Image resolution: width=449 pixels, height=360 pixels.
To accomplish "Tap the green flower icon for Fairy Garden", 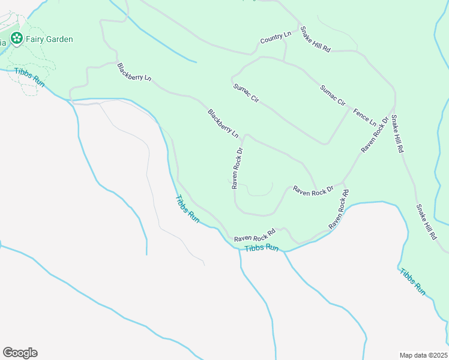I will click(x=16, y=40).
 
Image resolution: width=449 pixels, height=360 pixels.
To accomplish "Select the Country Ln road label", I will click(x=276, y=38).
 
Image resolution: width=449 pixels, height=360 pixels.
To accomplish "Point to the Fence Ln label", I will click(x=364, y=113).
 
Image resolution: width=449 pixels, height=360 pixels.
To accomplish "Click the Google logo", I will click(x=20, y=353).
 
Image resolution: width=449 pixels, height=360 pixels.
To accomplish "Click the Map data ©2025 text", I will click(x=423, y=355).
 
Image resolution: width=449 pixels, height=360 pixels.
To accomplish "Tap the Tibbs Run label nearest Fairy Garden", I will click(x=30, y=77).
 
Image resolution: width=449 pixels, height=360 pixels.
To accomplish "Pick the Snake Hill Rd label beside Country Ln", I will click(x=316, y=40).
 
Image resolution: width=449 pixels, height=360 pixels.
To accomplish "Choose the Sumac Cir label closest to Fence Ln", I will click(x=333, y=95).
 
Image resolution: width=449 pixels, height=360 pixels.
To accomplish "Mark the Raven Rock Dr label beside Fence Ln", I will click(x=375, y=134).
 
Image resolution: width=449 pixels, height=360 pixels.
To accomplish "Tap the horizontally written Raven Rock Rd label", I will click(x=255, y=236).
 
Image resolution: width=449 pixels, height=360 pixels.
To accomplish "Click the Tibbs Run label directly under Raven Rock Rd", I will click(x=262, y=248).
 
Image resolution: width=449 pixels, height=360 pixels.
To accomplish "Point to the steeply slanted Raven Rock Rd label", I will click(x=339, y=209).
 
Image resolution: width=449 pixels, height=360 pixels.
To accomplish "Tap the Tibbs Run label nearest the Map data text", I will click(x=413, y=281).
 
